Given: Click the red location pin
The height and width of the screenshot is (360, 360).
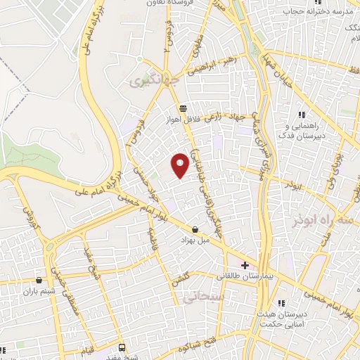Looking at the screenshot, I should tap(181, 165).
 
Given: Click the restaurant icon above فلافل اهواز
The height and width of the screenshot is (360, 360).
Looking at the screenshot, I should tap(183, 109).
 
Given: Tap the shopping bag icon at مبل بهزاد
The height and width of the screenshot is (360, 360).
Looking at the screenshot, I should tap(195, 229).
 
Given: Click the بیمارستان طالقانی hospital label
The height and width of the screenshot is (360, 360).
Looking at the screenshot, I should tap(266, 276).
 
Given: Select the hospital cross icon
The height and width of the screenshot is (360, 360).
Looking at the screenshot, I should tap(245, 265).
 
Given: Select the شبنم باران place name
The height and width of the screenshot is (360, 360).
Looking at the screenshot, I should tap(38, 290).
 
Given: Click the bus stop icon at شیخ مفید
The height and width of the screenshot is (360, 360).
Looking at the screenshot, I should tap(122, 347).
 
